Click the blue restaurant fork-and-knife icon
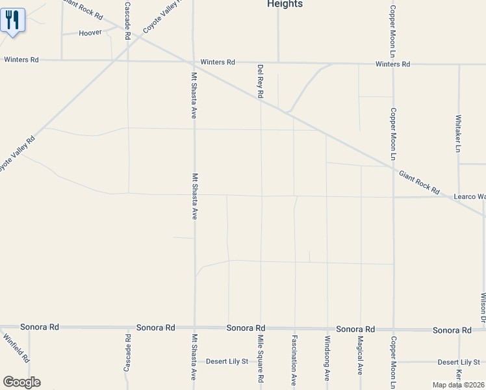tap(12, 20)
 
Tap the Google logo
tap(21, 382)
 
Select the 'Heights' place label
tap(285, 4)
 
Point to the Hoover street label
tap(90, 32)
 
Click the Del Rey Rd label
tap(261, 81)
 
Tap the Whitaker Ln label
tap(458, 134)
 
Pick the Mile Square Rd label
tap(260, 358)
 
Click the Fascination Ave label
tap(294, 359)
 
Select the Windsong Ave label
tap(327, 358)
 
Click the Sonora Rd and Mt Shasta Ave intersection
tap(194, 328)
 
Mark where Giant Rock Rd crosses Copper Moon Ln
tap(392, 168)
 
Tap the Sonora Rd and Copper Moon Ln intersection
tap(392, 329)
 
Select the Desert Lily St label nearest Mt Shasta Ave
tap(227, 361)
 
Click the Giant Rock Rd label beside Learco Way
tap(419, 181)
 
